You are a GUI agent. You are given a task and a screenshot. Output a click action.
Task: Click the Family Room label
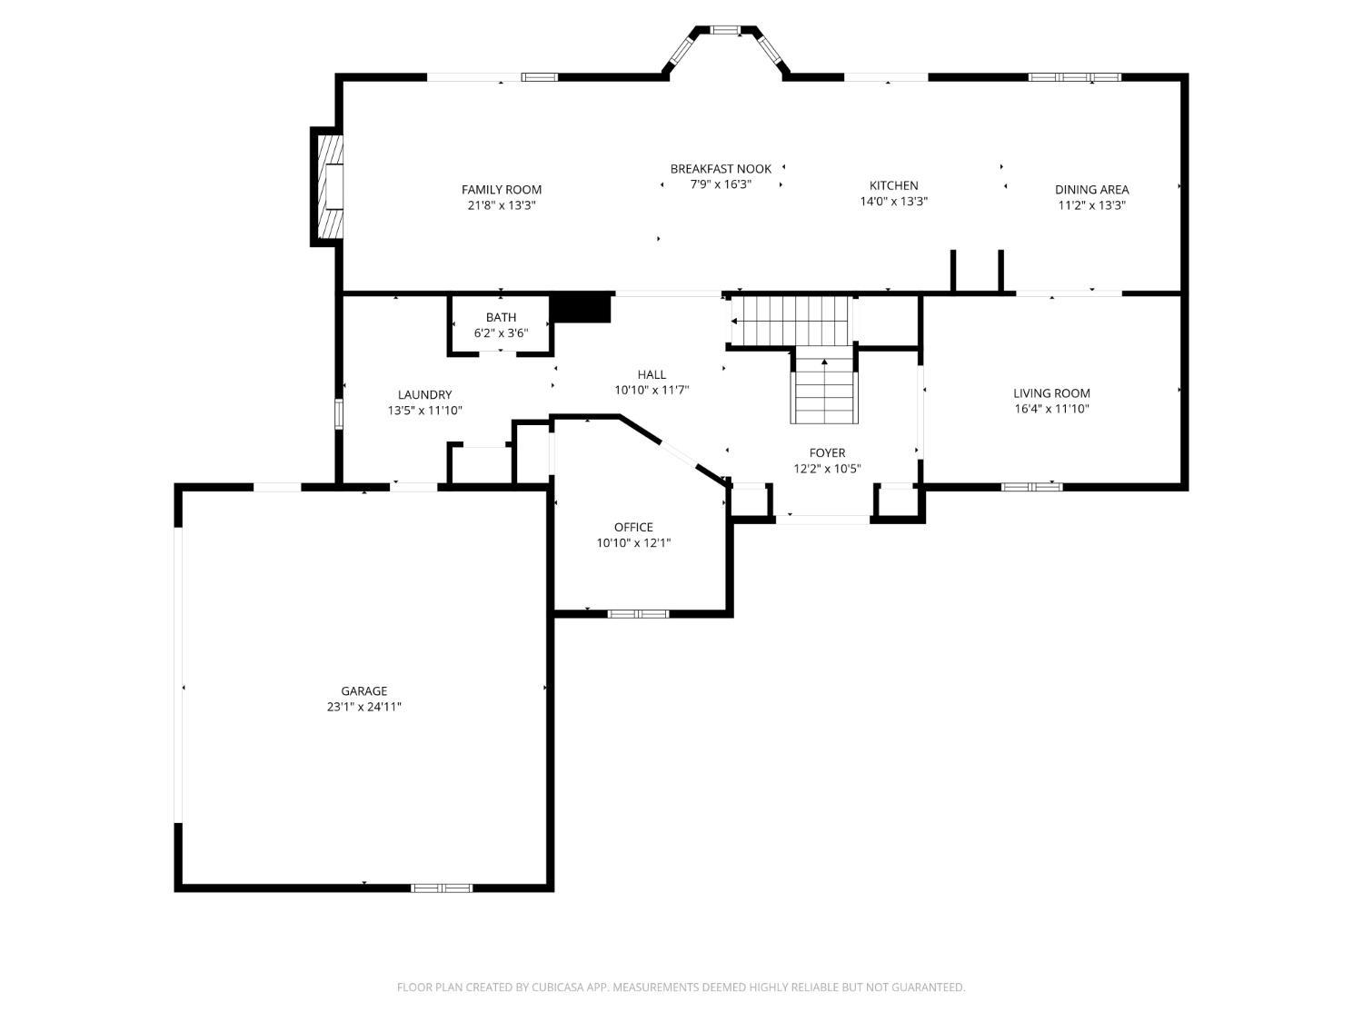tap(501, 189)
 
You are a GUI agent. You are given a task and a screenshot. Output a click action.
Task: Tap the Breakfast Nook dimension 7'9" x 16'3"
tap(721, 184)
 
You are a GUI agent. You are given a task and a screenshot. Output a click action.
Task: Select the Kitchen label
tap(893, 185)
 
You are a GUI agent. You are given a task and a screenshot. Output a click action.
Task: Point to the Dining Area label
tap(1091, 189)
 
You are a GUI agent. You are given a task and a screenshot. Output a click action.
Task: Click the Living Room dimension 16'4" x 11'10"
tap(1051, 409)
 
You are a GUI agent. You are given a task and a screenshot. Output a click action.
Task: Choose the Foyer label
tap(827, 452)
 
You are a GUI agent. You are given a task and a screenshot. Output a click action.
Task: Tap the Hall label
tap(652, 374)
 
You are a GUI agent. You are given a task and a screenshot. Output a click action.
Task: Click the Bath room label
tap(501, 317)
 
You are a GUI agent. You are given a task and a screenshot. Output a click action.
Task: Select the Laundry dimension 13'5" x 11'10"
tap(424, 411)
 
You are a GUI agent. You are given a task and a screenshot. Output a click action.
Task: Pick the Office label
tap(633, 527)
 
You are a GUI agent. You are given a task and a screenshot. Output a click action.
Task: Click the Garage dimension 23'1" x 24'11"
tap(363, 707)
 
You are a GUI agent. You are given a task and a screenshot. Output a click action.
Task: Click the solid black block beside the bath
tap(582, 308)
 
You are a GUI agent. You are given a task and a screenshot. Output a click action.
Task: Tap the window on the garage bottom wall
tap(442, 888)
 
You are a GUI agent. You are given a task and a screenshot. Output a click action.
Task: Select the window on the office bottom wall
tap(638, 614)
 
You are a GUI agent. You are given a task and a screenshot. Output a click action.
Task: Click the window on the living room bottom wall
tap(1031, 487)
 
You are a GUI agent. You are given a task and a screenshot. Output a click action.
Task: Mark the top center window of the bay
tap(724, 30)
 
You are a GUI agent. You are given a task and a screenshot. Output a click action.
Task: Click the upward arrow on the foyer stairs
tap(824, 363)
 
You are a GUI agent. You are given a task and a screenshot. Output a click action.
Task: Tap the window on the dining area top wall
tap(1074, 77)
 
